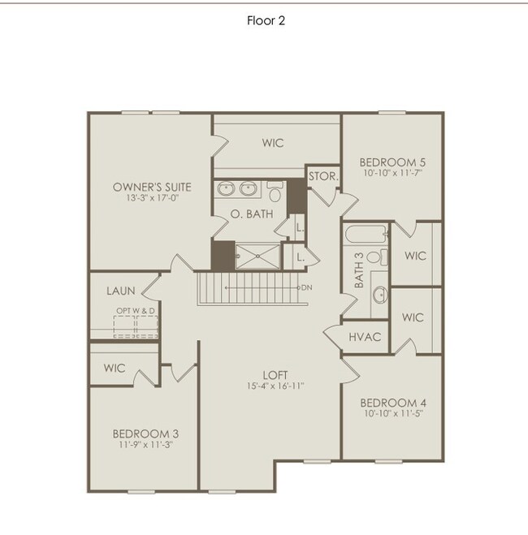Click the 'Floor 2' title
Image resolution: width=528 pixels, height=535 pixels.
266,21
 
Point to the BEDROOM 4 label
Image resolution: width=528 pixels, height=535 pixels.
392,403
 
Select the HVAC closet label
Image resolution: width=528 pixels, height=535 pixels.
364,337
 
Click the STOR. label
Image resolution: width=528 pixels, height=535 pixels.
322,175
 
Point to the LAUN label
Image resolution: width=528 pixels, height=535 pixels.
121,290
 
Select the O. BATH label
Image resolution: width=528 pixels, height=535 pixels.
252,214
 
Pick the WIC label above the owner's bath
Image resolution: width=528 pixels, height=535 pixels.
273,143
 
